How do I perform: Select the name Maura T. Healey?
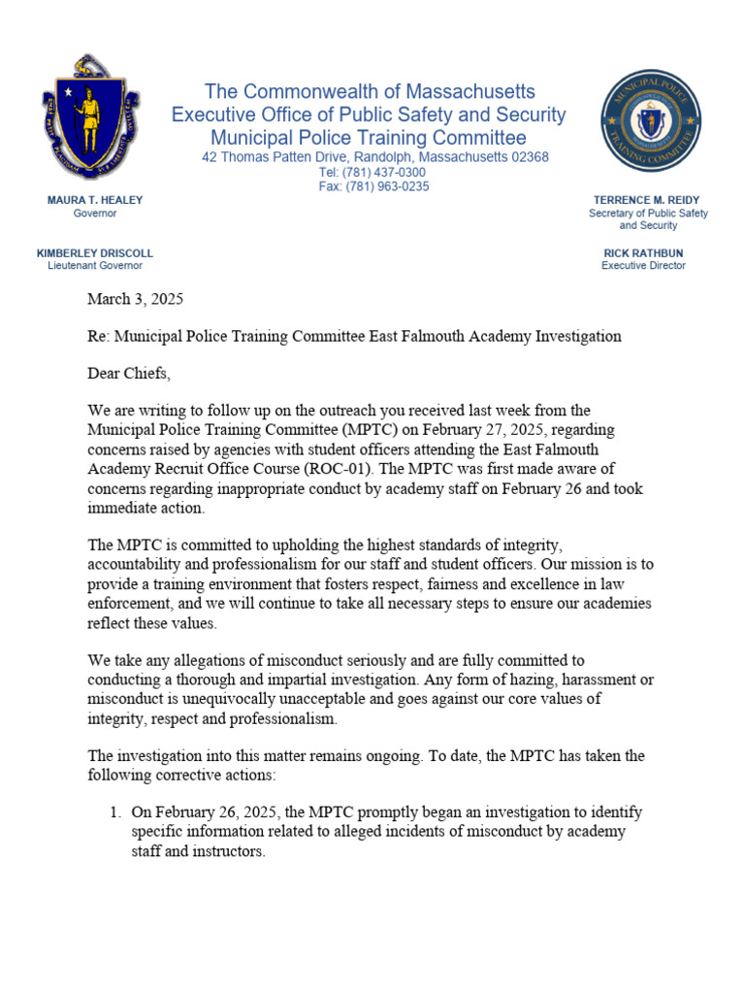tap(95, 200)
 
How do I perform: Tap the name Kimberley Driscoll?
tap(95, 252)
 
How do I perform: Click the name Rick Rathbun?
tap(643, 252)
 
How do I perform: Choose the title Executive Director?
tap(643, 265)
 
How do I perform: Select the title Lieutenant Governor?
tap(95, 265)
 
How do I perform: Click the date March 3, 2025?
tap(135, 299)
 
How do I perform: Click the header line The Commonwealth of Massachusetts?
tap(370, 91)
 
